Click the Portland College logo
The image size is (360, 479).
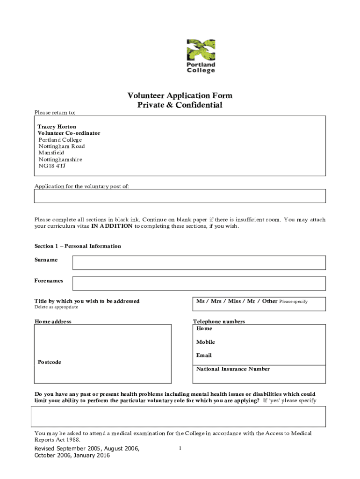pyautogui.click(x=201, y=56)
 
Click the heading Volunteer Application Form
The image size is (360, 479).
pyautogui.click(x=180, y=96)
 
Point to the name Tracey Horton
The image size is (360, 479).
pyautogui.click(x=57, y=127)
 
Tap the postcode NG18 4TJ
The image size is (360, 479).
pyautogui.click(x=52, y=166)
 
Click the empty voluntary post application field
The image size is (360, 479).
pyautogui.click(x=180, y=196)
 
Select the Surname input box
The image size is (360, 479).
pyautogui.click(x=199, y=263)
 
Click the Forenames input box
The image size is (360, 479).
pyautogui.click(x=199, y=283)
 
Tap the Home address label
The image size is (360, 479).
pyautogui.click(x=53, y=322)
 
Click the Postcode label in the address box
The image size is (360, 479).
pyautogui.click(x=50, y=362)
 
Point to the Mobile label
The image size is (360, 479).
pyautogui.click(x=206, y=342)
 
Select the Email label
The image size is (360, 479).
pyautogui.click(x=204, y=356)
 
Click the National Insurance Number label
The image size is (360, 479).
pyautogui.click(x=233, y=369)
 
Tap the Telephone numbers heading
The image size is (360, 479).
pyautogui.click(x=219, y=322)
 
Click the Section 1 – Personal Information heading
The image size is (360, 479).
pyautogui.click(x=78, y=246)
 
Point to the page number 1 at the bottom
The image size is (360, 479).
pyautogui.click(x=180, y=449)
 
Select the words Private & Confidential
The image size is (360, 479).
pyautogui.click(x=180, y=105)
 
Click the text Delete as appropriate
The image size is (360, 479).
pyautogui.click(x=56, y=307)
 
